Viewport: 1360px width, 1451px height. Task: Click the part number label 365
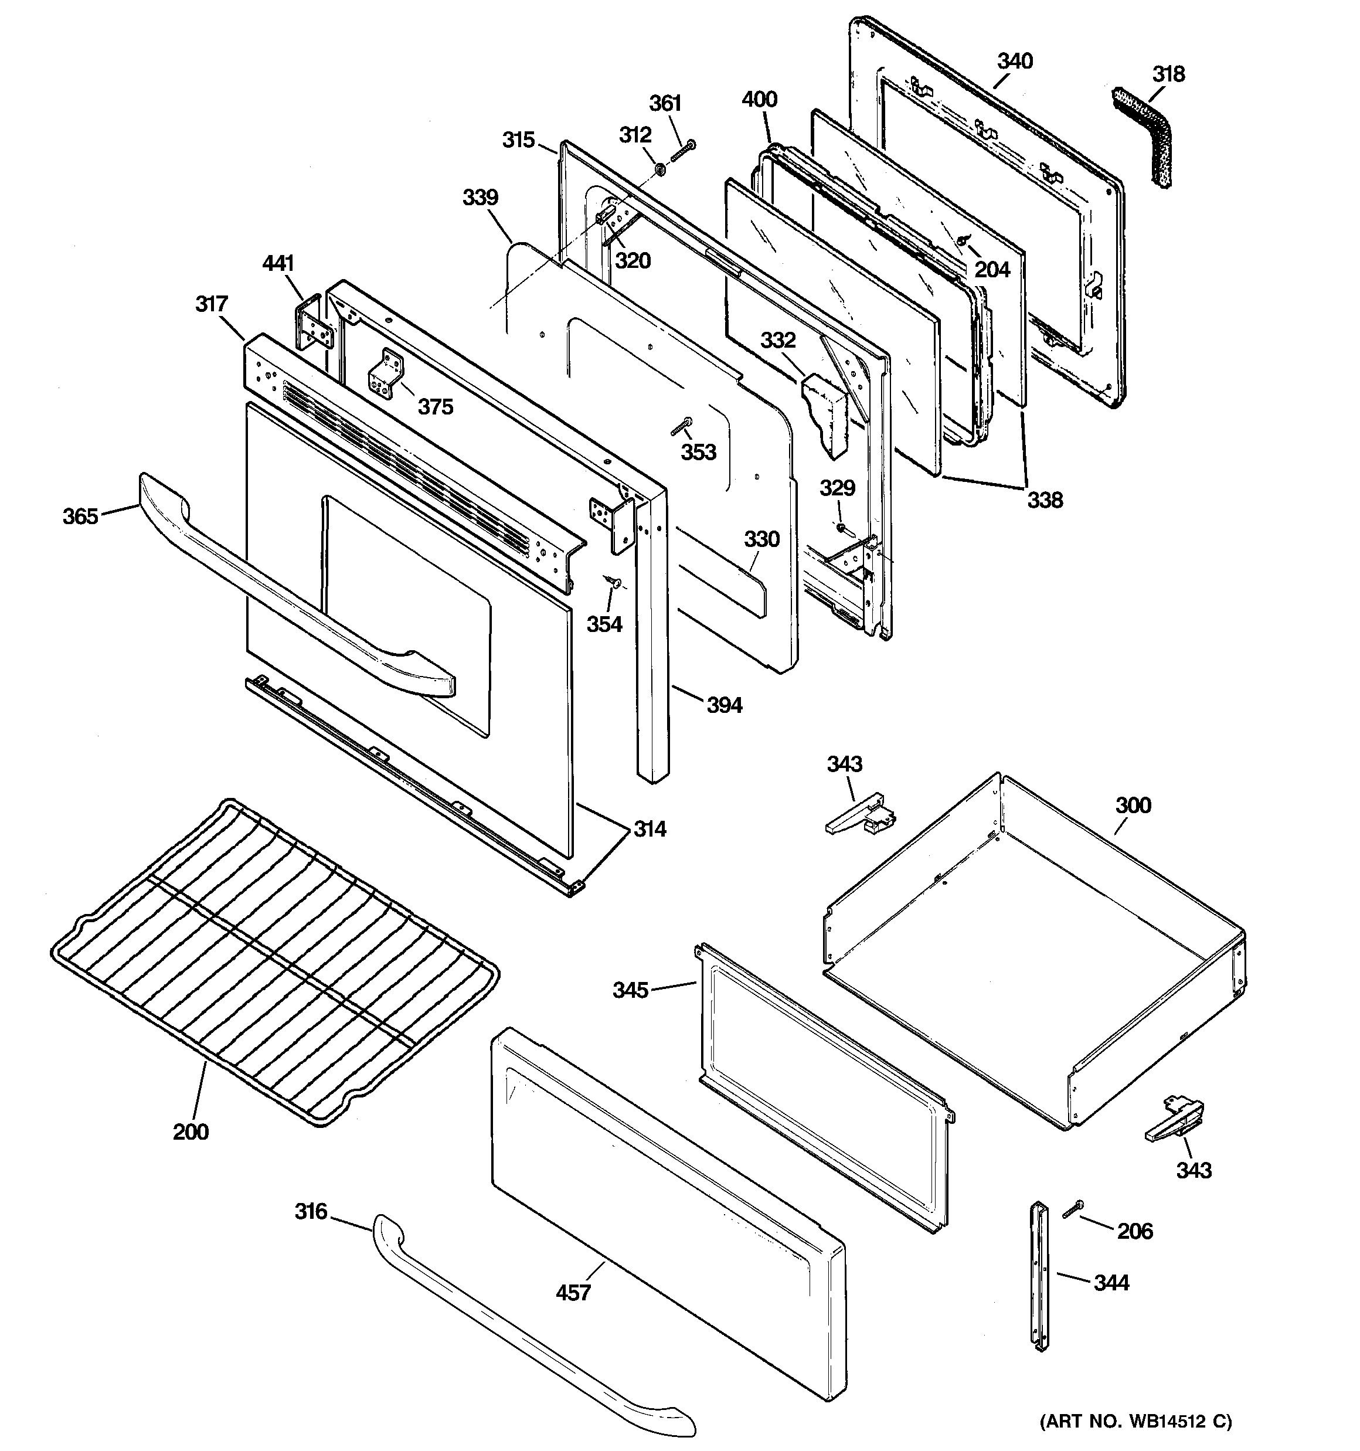80,516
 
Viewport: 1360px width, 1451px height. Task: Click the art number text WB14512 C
1135,1421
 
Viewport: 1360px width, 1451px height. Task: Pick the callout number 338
1045,500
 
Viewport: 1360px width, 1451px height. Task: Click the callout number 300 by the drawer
1132,806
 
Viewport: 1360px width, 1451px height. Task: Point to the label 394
724,705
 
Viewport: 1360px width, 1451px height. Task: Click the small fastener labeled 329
842,527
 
